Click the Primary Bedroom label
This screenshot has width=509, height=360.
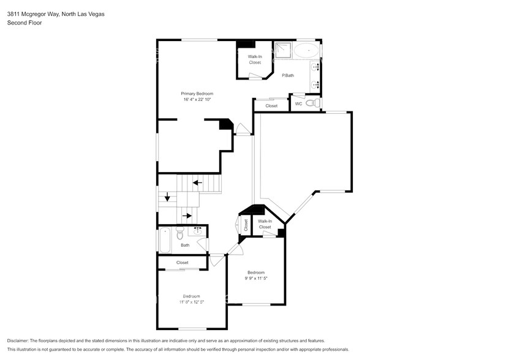[x=197, y=94]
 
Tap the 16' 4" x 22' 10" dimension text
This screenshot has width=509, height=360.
[x=197, y=100]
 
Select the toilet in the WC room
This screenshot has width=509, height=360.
[x=313, y=103]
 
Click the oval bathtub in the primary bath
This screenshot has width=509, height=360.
[x=306, y=51]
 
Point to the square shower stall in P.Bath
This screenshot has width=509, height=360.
[x=283, y=50]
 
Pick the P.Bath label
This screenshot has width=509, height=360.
[x=288, y=75]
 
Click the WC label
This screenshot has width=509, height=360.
[x=299, y=104]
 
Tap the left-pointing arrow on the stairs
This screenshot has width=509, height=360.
[x=197, y=183]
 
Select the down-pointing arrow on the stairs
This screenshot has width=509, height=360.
[x=167, y=197]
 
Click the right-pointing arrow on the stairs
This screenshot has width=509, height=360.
[x=187, y=216]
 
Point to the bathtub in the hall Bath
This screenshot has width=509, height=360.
[x=165, y=240]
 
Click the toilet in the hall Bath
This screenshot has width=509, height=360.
[x=180, y=233]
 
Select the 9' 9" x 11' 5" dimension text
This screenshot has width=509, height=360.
[x=256, y=279]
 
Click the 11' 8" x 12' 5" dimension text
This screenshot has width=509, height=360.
[x=192, y=302]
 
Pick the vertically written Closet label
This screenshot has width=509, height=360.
[x=246, y=225]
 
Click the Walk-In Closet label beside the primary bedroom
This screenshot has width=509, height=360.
[x=255, y=59]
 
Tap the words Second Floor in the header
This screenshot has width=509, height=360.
[x=25, y=23]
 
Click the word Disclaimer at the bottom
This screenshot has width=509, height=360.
[x=18, y=341]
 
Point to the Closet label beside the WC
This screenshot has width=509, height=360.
[x=271, y=106]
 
